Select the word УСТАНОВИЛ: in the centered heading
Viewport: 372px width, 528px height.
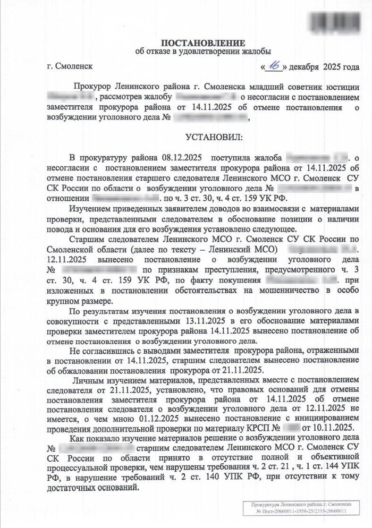click(x=213, y=138)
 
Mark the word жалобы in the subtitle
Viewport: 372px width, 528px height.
click(x=257, y=52)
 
